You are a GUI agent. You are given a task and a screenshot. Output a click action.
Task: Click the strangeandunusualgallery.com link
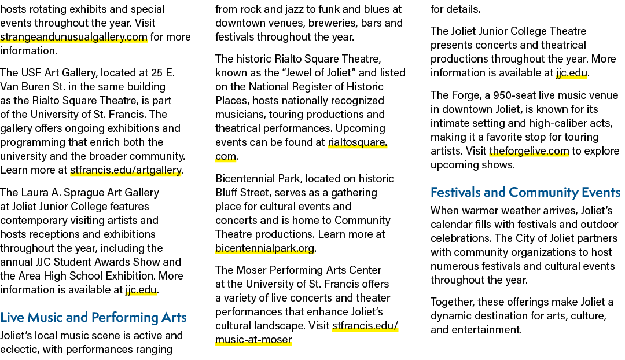tap(73, 37)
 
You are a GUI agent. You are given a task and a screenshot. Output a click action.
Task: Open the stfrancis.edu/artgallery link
tap(126, 170)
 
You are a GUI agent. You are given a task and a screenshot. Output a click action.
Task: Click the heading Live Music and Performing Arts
tap(93, 317)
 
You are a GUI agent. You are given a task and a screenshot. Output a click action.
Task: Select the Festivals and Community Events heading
tap(525, 193)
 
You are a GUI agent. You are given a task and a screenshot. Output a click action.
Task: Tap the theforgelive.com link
tap(529, 151)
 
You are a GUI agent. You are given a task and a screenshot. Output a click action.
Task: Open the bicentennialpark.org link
tap(264, 248)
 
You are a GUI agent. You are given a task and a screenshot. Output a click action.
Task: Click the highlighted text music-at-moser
tap(253, 340)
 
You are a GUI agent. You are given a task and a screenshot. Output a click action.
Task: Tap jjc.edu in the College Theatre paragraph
tap(571, 73)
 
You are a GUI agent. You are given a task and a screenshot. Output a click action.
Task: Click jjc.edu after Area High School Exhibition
tap(141, 290)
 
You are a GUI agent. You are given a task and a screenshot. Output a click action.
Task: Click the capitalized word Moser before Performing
tap(252, 270)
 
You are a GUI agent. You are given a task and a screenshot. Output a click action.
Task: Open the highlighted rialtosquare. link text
tap(358, 142)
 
